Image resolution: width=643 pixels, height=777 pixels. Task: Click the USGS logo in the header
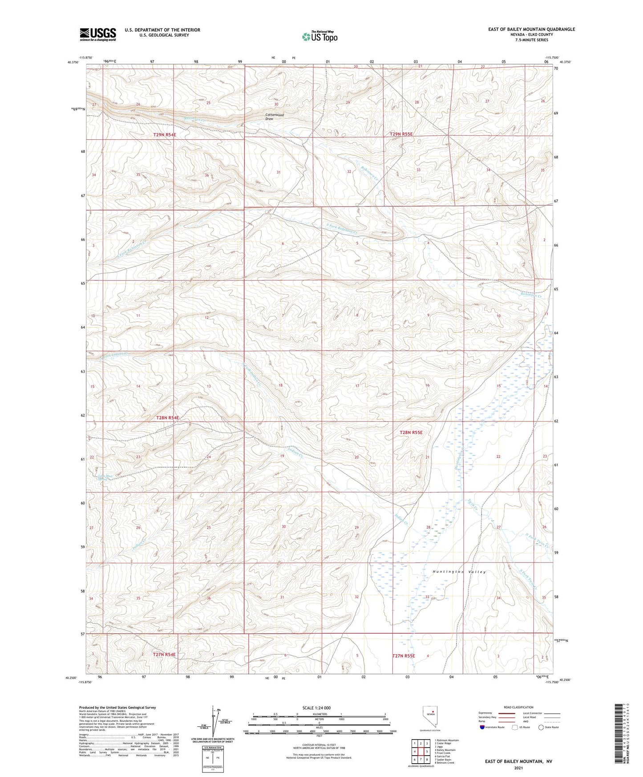[x=98, y=34]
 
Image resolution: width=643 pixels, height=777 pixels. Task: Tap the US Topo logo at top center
[x=319, y=36]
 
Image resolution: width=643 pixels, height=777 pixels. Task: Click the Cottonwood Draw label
[x=274, y=117]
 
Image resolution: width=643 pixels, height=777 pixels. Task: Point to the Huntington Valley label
[x=459, y=572]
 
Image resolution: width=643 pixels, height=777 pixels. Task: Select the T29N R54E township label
[x=168, y=134]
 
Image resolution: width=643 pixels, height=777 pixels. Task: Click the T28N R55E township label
[x=411, y=432]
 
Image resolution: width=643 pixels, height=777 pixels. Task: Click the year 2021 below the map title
[x=518, y=768]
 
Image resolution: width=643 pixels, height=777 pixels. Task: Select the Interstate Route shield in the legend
[x=482, y=727]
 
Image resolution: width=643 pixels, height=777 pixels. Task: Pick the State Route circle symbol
[x=541, y=727]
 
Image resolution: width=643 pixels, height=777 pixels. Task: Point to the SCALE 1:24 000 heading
[x=316, y=708]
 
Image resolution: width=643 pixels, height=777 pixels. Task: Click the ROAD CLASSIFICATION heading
[x=518, y=707]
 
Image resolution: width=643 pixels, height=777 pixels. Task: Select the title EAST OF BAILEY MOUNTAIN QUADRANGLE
[x=531, y=29]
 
